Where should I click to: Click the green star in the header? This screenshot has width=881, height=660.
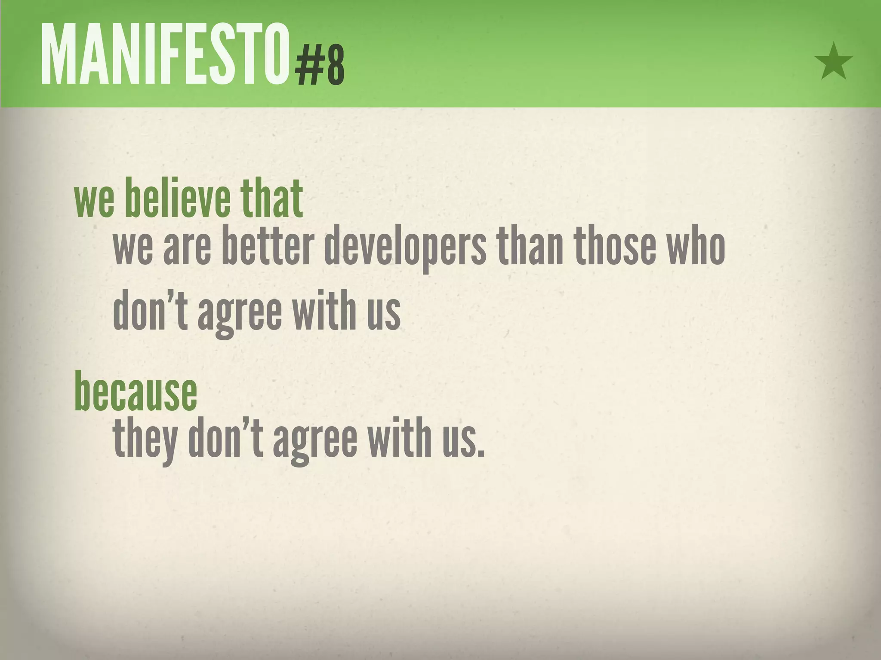click(x=833, y=62)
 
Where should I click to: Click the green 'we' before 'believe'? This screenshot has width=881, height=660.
click(x=94, y=201)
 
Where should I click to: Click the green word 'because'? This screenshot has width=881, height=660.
click(x=136, y=391)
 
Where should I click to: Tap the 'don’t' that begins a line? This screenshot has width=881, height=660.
click(x=151, y=310)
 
